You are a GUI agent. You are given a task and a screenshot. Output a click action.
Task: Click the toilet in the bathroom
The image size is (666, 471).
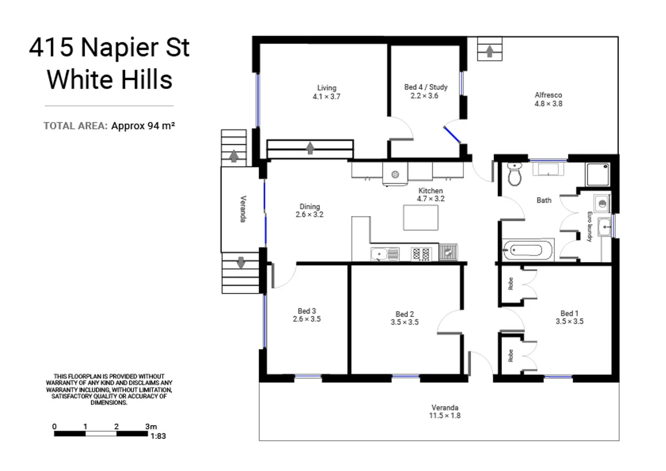click(x=515, y=174)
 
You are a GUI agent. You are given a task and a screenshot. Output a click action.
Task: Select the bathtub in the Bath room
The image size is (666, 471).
click(x=527, y=250)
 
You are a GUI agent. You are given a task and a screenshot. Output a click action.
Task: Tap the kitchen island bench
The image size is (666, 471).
click(x=421, y=217)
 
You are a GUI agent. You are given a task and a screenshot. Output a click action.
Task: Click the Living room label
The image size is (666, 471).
click(x=326, y=92)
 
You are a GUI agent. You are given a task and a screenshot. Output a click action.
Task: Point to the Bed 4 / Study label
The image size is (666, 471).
click(x=425, y=91)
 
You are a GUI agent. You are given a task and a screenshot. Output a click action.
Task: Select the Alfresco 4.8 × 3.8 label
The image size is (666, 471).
click(x=548, y=99)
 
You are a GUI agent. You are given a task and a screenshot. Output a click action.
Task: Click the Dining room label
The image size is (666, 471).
click(x=309, y=210)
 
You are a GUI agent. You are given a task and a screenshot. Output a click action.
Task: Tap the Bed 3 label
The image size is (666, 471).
click(x=306, y=315)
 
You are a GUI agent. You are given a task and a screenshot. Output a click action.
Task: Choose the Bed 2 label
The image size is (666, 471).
click(x=404, y=318)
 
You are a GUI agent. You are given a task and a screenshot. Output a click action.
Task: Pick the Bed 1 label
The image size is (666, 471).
click(x=569, y=317)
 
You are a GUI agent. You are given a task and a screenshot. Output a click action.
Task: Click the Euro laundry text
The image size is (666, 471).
click(x=589, y=226)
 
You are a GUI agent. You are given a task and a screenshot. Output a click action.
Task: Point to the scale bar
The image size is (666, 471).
click(x=101, y=433)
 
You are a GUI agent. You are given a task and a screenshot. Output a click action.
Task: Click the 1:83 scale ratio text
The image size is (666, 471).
click(x=158, y=436)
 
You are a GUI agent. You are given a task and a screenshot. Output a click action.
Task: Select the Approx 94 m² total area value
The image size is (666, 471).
click(x=143, y=126)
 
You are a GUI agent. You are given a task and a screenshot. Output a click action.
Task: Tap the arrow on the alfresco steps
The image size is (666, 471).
click(x=489, y=51)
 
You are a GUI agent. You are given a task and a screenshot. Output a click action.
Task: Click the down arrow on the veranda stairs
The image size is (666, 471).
click(x=241, y=263)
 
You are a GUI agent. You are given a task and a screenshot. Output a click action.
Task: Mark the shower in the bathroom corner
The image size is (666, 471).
click(x=598, y=174)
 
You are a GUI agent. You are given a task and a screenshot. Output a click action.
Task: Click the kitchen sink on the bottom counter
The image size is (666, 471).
click(x=379, y=254)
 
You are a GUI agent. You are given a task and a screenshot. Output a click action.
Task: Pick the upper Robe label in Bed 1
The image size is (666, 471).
click(x=510, y=283)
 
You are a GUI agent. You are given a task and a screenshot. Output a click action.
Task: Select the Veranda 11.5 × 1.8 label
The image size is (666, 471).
click(x=445, y=411)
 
